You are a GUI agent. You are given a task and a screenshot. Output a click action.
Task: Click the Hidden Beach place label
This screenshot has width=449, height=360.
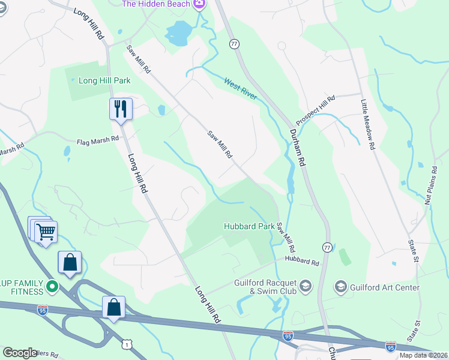tap(157, 4)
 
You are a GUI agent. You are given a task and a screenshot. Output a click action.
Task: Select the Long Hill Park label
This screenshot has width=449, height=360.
tap(105, 80)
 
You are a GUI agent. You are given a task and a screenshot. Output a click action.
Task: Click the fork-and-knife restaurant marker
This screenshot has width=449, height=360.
tap(121, 109)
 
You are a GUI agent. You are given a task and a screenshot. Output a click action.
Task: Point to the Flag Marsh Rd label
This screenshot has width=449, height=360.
tap(97, 142)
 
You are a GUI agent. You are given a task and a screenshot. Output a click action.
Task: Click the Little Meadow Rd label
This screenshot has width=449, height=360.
tap(367, 125)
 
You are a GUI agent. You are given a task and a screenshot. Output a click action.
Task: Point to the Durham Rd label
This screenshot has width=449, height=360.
tap(298, 149)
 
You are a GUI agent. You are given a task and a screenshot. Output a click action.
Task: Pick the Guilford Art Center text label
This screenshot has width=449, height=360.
tap(385, 287)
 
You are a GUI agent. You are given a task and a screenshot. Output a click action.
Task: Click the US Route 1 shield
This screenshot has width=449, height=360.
tap(127, 343)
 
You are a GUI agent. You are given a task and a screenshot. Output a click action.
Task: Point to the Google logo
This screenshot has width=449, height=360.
tap(20, 353)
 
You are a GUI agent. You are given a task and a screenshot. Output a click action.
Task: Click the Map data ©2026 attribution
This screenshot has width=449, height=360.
tap(423, 355)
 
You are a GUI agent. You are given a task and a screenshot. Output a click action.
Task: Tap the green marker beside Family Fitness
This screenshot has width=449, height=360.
tap(52, 287)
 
